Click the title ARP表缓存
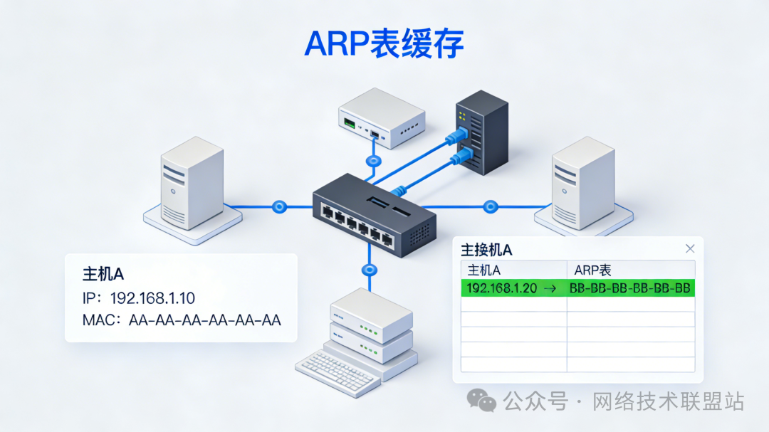pyautogui.click(x=384, y=44)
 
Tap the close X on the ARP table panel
pyautogui.click(x=689, y=248)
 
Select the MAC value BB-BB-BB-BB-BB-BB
pyautogui.click(x=630, y=288)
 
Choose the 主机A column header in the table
pyautogui.click(x=484, y=270)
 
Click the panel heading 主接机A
pyautogui.click(x=487, y=249)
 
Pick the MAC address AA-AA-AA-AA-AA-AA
pyautogui.click(x=205, y=320)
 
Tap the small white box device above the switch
pyautogui.click(x=381, y=117)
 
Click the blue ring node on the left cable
pyautogui.click(x=279, y=207)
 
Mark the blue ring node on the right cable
pyautogui.click(x=490, y=207)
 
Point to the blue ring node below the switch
pyautogui.click(x=369, y=270)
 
